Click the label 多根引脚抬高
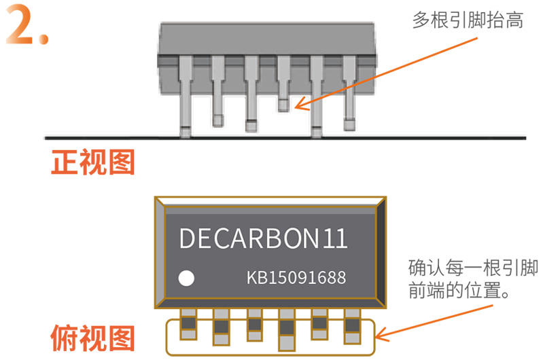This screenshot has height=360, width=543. click(468, 21)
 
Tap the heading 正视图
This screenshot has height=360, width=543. click(93, 163)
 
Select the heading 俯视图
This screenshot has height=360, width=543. click(93, 338)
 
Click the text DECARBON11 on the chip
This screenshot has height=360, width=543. click(263, 238)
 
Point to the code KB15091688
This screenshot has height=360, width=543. click(296, 278)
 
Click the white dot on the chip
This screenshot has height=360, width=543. click(186, 278)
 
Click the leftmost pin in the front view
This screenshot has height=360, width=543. click(186, 95)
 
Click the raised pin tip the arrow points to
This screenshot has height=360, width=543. click(283, 104)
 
